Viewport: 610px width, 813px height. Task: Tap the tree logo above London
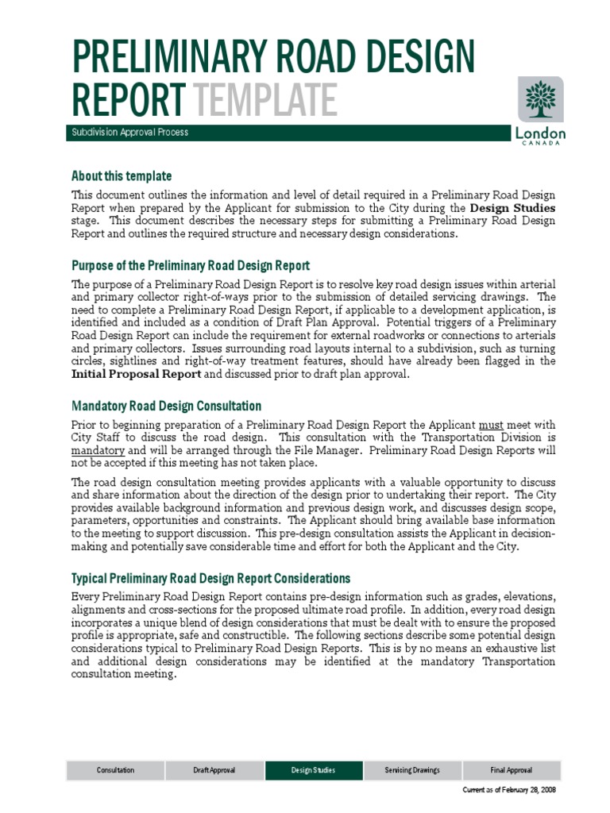(541, 99)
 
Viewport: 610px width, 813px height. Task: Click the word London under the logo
(541, 133)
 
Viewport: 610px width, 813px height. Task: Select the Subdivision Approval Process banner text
(129, 133)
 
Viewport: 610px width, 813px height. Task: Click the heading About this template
(121, 175)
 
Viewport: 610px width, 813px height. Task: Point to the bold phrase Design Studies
(512, 208)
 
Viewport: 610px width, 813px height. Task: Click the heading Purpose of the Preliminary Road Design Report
(190, 265)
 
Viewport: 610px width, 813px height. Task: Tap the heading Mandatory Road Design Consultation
(166, 406)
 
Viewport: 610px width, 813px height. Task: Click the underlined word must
(491, 425)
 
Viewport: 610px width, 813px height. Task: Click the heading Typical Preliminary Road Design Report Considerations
(210, 578)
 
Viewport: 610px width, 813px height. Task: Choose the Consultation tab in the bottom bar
(115, 770)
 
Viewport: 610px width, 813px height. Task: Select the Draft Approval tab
(214, 770)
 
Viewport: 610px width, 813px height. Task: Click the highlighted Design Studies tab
(313, 770)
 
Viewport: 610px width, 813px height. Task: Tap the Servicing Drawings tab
(411, 770)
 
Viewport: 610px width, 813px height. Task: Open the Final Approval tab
(511, 770)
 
